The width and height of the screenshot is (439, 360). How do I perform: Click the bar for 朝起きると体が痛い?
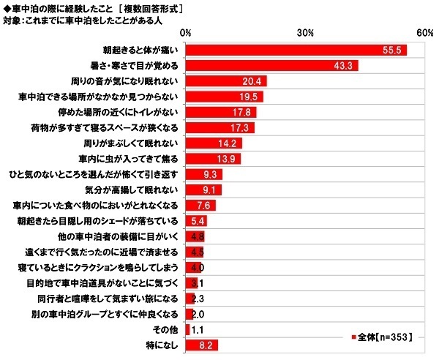pos(296,50)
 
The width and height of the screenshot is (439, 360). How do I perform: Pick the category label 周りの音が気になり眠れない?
pos(133,81)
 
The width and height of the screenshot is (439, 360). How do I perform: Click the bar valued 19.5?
pos(224,97)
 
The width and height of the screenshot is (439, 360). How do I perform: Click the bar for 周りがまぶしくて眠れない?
pos(214,143)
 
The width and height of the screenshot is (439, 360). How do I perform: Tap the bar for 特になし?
pos(202,344)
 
